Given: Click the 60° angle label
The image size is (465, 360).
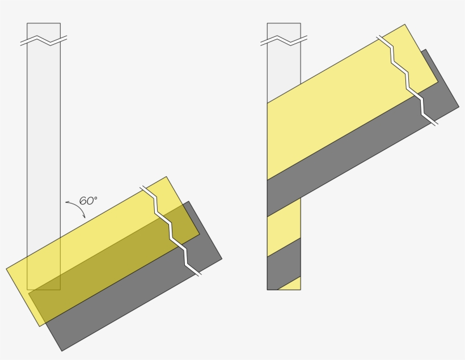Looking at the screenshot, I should tap(88, 201).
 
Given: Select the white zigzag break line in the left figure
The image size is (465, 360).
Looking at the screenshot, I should tap(171, 230).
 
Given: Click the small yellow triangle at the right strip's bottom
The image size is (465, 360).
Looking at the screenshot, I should tap(293, 285).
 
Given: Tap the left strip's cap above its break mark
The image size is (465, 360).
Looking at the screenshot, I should tap(44, 29).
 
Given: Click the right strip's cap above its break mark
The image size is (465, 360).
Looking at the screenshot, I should tap(284, 29).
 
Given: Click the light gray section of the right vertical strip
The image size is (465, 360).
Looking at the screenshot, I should tap(284, 74).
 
